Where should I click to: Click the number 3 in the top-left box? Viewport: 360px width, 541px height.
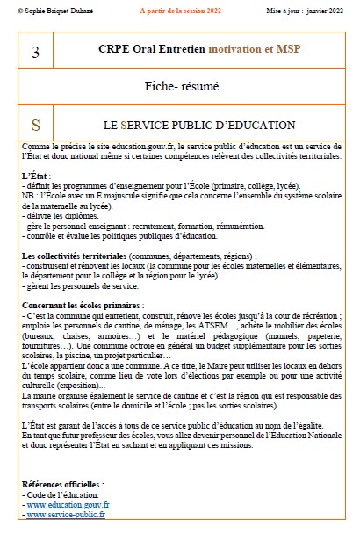(x=35, y=53)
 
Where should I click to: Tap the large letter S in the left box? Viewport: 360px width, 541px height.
(x=35, y=125)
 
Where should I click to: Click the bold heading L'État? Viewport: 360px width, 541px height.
(x=36, y=176)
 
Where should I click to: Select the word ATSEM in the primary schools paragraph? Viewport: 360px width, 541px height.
(x=236, y=324)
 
